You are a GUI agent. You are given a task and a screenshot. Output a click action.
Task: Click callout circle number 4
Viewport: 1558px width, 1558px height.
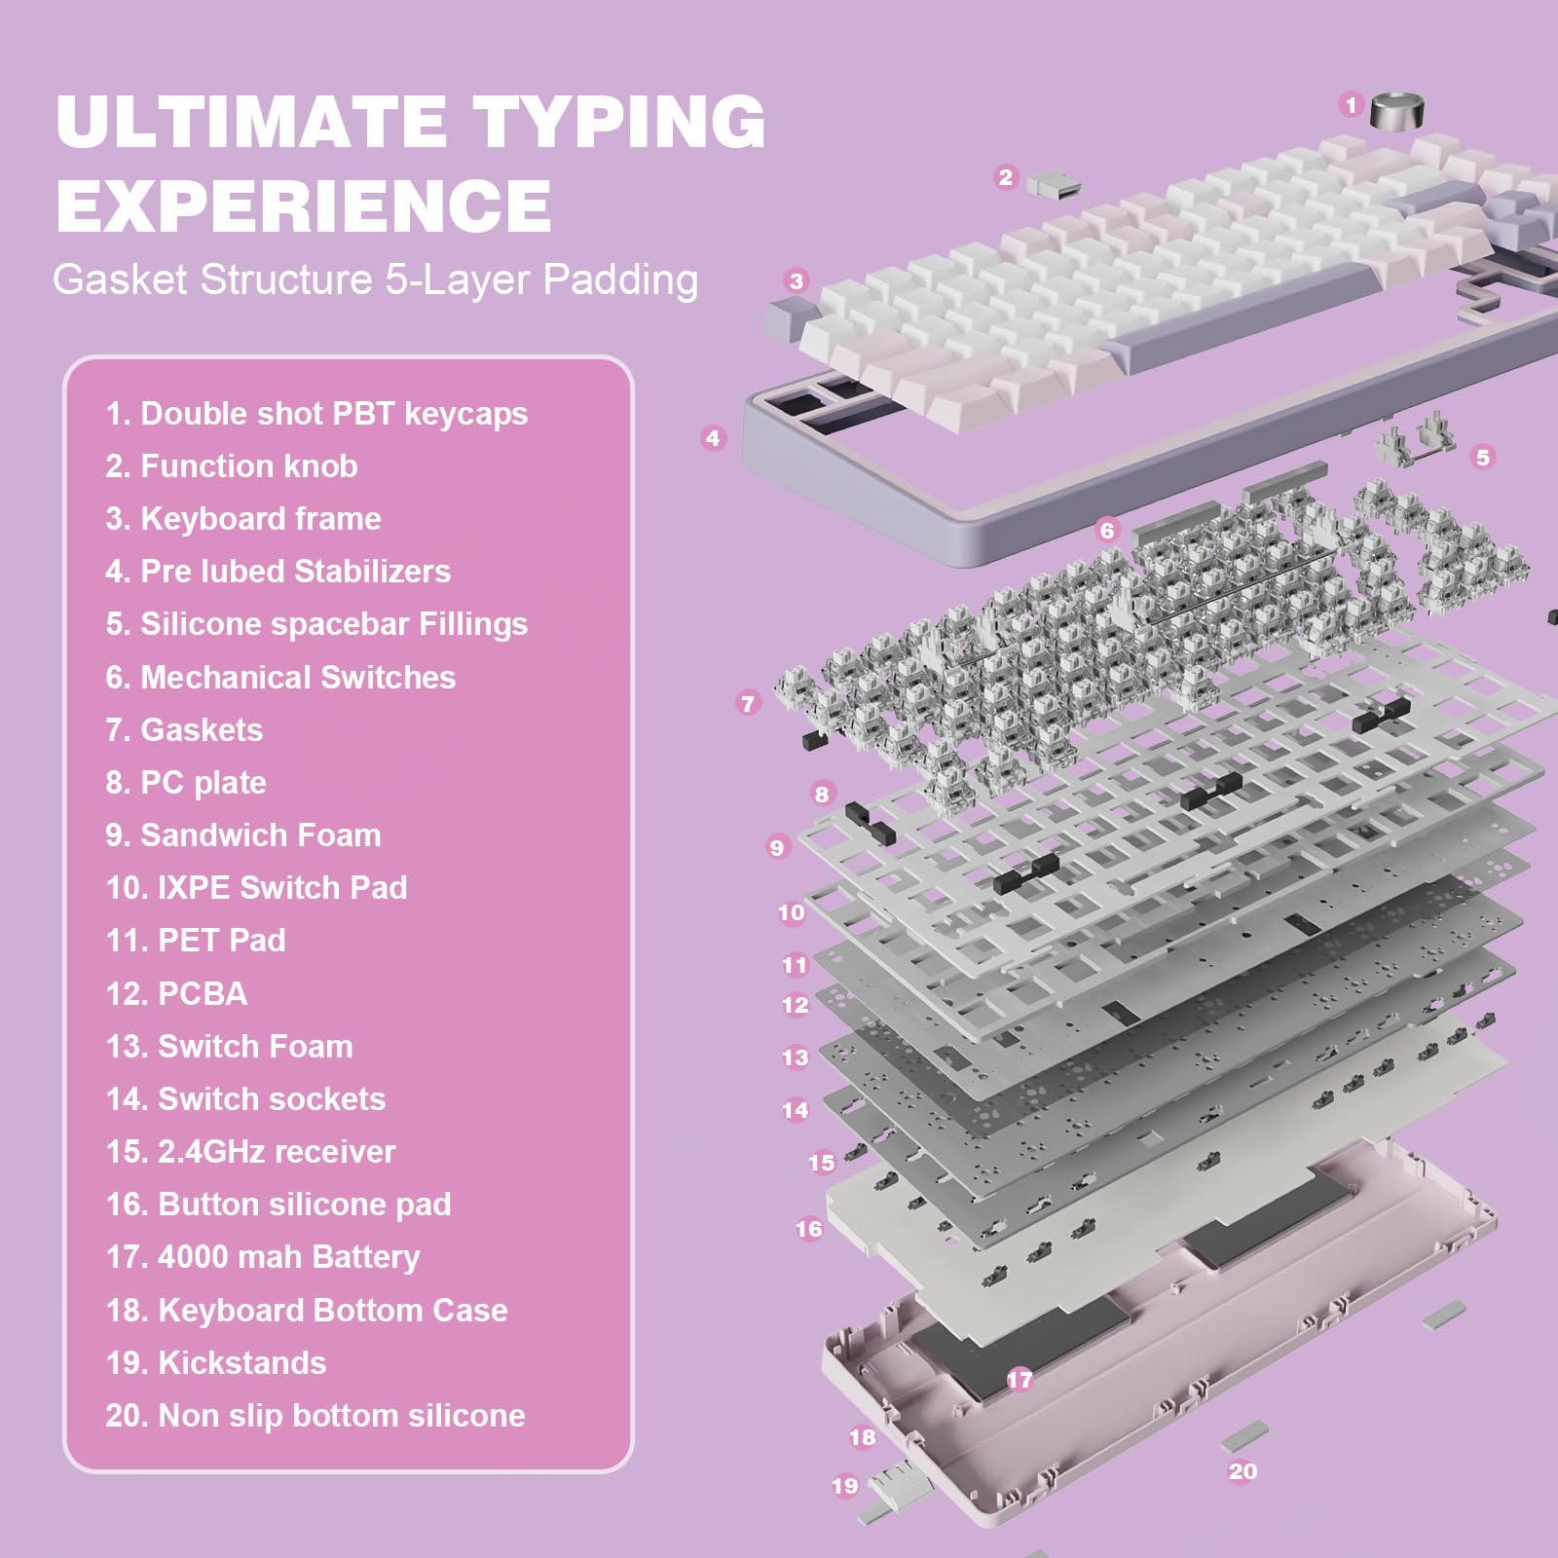point(713,438)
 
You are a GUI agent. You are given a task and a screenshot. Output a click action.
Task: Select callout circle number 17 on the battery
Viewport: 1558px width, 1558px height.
point(1020,1379)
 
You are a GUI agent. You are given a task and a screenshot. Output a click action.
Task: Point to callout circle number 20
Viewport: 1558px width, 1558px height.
point(1243,1471)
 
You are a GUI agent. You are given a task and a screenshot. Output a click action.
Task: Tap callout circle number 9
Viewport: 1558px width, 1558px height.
point(776,847)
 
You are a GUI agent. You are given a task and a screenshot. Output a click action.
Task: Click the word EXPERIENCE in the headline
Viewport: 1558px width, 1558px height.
point(303,205)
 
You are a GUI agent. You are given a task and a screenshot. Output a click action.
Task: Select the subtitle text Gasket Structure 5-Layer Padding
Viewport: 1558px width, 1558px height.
point(375,279)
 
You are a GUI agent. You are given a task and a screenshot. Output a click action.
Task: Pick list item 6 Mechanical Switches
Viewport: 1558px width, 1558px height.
point(280,677)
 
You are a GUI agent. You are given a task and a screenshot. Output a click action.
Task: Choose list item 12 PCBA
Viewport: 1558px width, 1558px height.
point(176,993)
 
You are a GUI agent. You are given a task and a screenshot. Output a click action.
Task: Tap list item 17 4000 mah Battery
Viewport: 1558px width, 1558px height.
point(263,1256)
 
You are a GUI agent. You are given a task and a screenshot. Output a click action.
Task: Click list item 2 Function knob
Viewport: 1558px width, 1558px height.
point(232,466)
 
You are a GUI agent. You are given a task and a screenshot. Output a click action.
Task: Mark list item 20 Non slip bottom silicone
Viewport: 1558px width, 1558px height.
point(315,1415)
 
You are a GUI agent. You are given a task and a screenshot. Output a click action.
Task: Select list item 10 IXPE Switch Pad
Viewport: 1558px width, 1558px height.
point(256,887)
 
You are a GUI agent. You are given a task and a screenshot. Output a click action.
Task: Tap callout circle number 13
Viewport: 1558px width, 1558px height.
point(795,1057)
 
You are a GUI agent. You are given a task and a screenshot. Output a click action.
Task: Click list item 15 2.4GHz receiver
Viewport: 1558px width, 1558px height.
point(250,1151)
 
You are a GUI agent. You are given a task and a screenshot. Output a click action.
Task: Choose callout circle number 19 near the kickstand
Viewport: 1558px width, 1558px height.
point(844,1486)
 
